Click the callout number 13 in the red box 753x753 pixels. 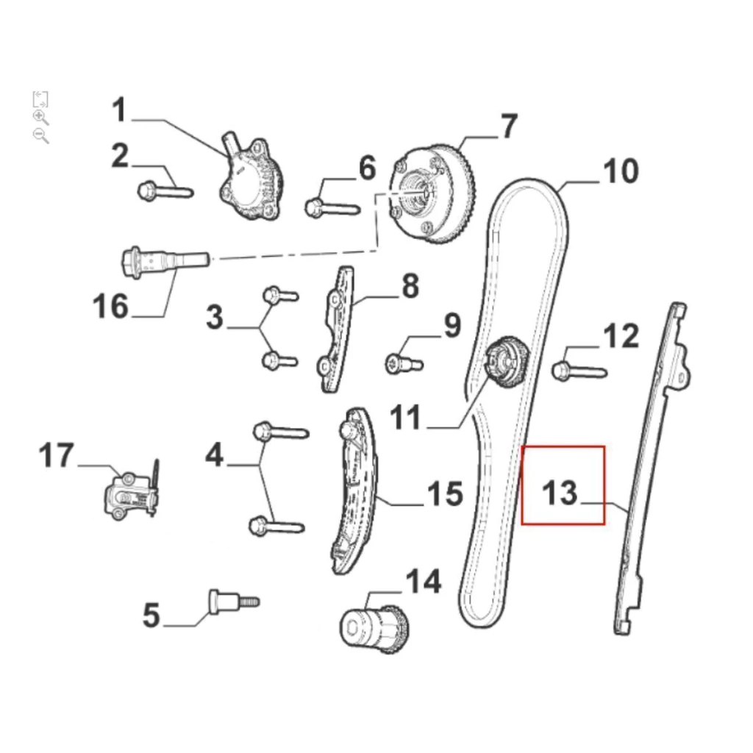point(559,493)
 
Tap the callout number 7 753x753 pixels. point(509,126)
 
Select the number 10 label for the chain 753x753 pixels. point(621,171)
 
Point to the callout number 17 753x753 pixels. point(56,454)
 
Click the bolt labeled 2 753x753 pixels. point(165,190)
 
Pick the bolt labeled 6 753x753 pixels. point(332,208)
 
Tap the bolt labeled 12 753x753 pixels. point(579,371)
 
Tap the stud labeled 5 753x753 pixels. point(234,602)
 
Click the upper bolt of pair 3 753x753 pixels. point(280,295)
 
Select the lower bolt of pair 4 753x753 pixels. point(276,526)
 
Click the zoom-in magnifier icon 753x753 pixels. point(41,117)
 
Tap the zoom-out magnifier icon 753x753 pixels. point(41,136)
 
